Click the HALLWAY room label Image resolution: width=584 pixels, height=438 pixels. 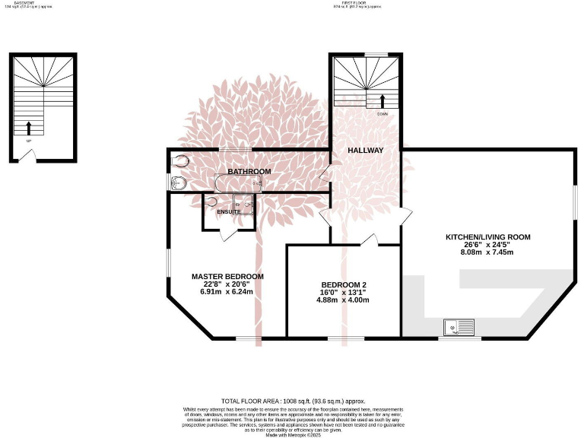(x=365, y=151)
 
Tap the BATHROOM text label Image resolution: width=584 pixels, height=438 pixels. (x=249, y=172)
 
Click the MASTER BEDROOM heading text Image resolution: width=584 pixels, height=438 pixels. (x=227, y=276)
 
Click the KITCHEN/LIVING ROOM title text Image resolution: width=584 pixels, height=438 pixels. (x=487, y=237)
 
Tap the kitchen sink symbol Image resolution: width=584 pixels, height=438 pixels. (x=459, y=328)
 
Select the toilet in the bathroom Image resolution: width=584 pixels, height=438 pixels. (x=180, y=161)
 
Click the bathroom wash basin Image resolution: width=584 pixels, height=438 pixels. (x=177, y=182)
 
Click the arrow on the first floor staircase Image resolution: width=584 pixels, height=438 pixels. (x=382, y=100)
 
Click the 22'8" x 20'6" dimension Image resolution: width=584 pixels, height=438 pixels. (x=227, y=284)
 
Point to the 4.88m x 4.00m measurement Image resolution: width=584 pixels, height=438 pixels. (x=343, y=300)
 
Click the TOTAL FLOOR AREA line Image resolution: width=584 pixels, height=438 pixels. (x=294, y=400)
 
